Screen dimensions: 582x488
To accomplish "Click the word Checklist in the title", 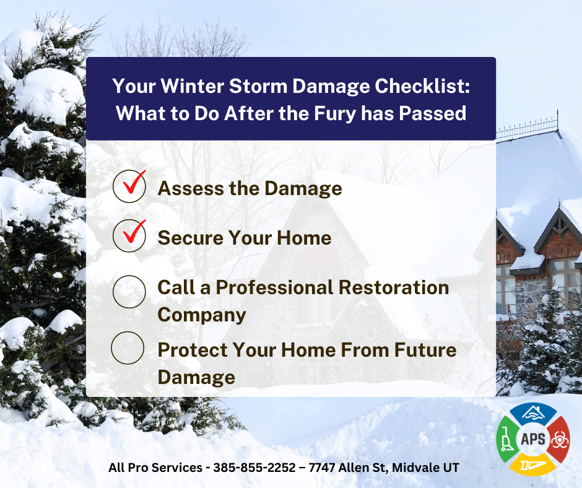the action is [422, 86].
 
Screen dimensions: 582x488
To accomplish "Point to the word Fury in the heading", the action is [335, 114].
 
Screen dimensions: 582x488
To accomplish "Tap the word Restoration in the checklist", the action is [394, 287].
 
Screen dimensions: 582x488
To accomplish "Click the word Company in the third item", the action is [202, 315].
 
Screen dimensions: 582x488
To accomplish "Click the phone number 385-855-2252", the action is [254, 467].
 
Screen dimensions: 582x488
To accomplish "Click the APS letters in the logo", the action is [533, 439].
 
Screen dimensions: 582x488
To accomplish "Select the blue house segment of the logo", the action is [533, 413].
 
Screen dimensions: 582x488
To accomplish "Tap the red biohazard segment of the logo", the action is [559, 439].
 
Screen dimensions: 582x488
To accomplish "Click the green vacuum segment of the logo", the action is [507, 439].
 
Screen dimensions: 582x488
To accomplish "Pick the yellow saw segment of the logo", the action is [533, 464].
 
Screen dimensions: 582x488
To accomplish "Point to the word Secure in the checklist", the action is [190, 238].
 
